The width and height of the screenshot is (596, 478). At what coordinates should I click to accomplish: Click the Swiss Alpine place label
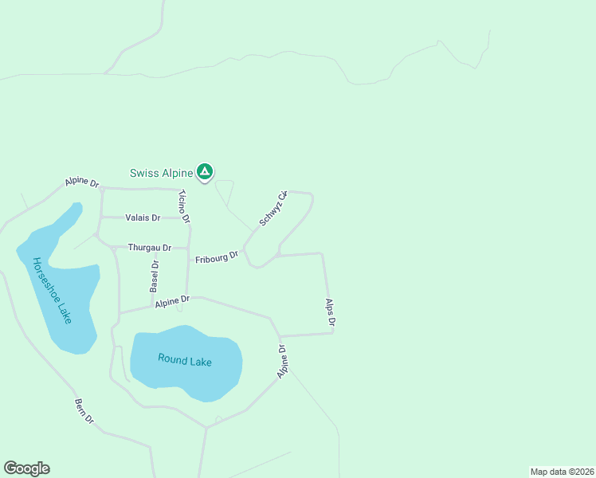click(x=161, y=173)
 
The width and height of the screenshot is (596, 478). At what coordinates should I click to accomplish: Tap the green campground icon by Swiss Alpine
click(x=206, y=171)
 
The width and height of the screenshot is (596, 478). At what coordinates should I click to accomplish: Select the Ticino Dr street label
click(x=185, y=206)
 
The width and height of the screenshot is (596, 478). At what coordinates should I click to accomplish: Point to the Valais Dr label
click(x=143, y=217)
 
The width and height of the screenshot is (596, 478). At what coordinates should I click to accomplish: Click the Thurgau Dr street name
click(x=150, y=248)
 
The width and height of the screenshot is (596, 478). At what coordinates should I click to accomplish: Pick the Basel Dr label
click(x=155, y=275)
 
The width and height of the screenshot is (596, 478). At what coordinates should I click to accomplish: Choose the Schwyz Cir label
click(x=273, y=209)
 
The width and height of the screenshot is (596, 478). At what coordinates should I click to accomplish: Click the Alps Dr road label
click(x=331, y=312)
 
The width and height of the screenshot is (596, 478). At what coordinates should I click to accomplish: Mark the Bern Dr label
click(x=84, y=411)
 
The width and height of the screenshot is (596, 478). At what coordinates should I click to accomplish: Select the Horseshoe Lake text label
click(x=53, y=289)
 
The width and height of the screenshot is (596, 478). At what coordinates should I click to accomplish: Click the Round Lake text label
click(x=185, y=360)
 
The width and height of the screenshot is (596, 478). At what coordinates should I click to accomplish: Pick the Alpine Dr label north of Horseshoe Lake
click(x=82, y=183)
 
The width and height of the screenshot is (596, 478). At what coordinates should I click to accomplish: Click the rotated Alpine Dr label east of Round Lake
click(x=283, y=362)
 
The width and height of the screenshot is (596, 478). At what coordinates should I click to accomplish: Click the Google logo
click(x=26, y=468)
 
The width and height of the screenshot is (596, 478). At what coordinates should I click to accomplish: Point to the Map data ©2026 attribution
click(x=562, y=472)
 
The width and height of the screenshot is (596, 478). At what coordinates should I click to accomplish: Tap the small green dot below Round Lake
click(x=218, y=419)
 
